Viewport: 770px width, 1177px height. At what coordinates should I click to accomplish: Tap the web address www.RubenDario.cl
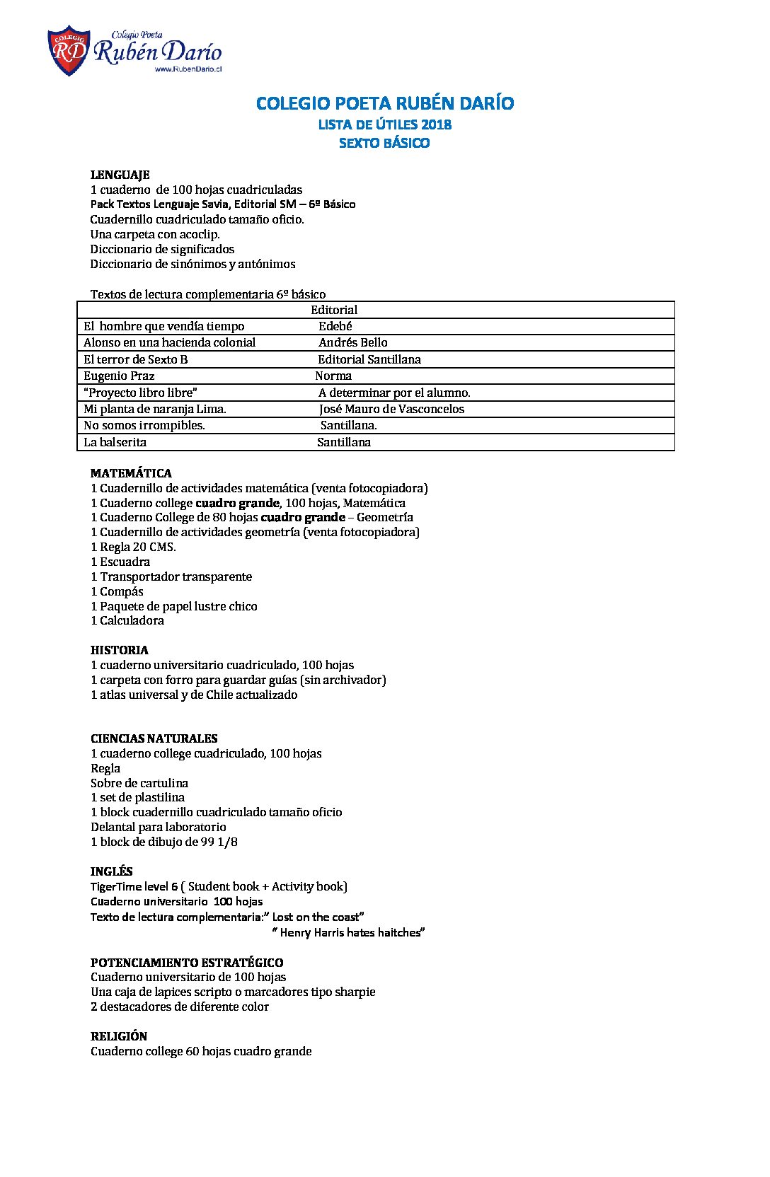[188, 69]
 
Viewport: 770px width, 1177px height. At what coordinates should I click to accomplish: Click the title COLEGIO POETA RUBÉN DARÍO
[384, 103]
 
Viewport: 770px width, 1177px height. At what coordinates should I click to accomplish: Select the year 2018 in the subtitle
[436, 124]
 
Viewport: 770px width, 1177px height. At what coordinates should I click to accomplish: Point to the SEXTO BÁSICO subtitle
[384, 143]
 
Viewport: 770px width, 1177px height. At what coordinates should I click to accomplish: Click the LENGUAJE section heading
[120, 175]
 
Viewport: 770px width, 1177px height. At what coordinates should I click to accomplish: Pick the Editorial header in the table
[334, 310]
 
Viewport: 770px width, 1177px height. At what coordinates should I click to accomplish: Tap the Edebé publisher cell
[335, 326]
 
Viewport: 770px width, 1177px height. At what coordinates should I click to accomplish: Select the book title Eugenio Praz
[119, 376]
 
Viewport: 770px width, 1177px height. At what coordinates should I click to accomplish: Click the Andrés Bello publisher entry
[352, 342]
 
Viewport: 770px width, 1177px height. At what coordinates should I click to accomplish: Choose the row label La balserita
[115, 442]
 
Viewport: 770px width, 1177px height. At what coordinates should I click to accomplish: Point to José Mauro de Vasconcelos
[391, 409]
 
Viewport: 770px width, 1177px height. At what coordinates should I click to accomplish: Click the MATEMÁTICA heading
[131, 473]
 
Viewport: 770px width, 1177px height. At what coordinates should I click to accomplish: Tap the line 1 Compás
[117, 591]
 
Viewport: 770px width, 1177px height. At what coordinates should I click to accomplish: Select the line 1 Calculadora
[127, 620]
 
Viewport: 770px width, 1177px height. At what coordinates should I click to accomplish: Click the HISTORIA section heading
[119, 650]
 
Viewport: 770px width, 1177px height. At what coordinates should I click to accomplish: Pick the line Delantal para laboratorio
[158, 827]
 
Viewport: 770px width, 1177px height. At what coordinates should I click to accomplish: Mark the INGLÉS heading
[111, 871]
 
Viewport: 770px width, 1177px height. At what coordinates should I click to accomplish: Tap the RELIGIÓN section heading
[118, 1036]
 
